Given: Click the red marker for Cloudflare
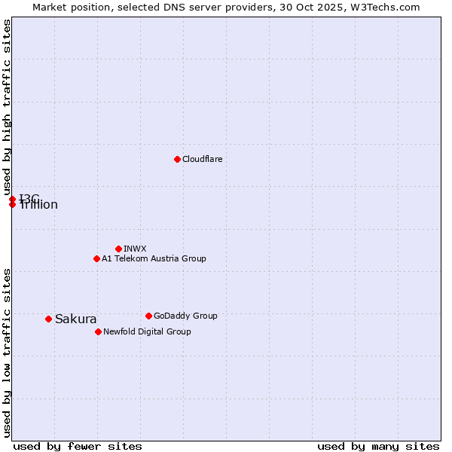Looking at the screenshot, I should (177, 159).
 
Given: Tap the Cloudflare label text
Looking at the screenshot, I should (203, 159).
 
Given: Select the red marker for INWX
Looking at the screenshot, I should (118, 249).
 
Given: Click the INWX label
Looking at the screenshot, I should (135, 249).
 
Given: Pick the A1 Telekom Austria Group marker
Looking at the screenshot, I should (96, 258).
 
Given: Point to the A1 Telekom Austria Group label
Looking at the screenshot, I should (154, 258).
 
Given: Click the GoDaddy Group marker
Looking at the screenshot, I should (148, 316).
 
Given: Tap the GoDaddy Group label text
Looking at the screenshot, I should (185, 316).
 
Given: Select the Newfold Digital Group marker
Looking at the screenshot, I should (98, 331).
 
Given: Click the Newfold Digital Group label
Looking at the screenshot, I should (147, 331).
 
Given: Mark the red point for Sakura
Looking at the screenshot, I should (48, 319).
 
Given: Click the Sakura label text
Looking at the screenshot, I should (76, 319).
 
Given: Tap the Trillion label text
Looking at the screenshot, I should (38, 205).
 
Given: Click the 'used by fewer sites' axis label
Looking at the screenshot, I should (78, 446).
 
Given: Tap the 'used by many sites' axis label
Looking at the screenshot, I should (378, 446).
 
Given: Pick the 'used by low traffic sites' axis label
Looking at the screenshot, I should (7, 353).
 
